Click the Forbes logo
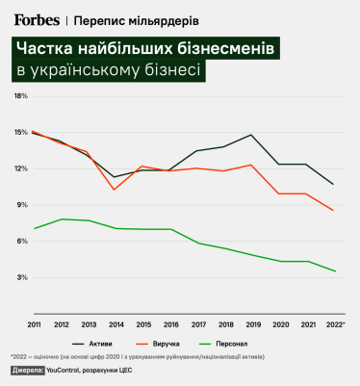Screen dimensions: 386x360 [39, 18]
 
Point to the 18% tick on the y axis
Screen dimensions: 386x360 [20, 96]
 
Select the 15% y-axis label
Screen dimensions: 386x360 [20, 133]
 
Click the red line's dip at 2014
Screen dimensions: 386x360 [115, 190]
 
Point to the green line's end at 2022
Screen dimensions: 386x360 [333, 271]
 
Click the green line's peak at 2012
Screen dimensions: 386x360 [61, 219]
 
